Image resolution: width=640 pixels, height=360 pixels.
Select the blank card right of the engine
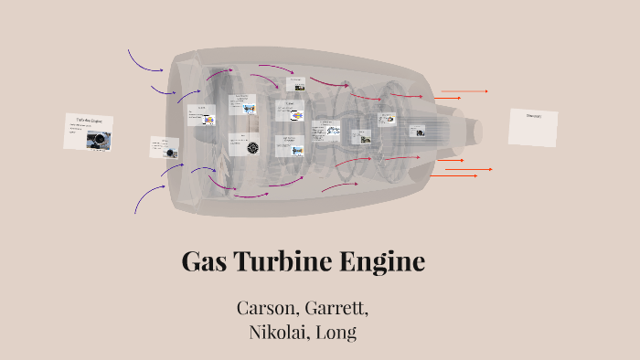click(533, 128)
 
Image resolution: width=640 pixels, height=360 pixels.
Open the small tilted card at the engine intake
click(165, 147)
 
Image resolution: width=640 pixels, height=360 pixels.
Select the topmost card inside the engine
click(295, 83)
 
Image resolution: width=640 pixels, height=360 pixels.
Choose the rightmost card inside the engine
click(419, 132)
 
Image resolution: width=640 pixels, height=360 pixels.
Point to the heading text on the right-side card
click(534, 116)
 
